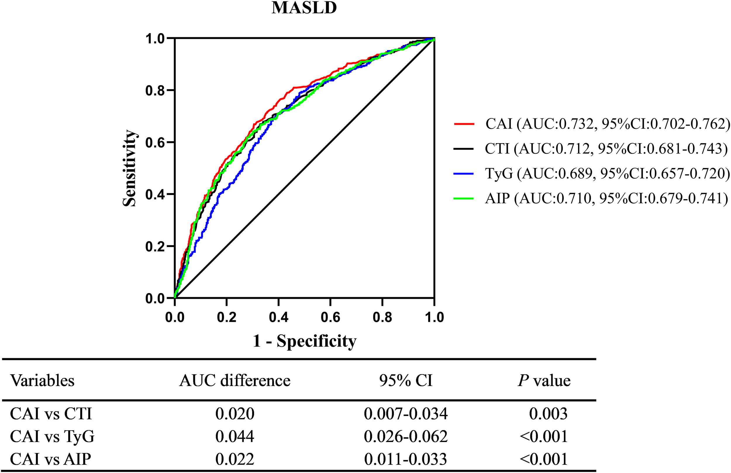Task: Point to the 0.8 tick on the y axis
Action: pos(155,91)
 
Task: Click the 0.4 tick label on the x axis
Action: pos(278,317)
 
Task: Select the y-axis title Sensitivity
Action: pos(130,168)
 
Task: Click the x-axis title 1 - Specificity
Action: pos(304,341)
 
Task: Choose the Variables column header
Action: pos(42,381)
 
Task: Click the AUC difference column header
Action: pos(235,381)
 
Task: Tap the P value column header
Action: pos(544,381)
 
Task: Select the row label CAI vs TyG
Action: pos(52,436)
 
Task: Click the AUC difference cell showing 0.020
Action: pos(235,414)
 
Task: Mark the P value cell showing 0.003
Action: pos(548,414)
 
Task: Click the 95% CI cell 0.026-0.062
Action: pos(406,436)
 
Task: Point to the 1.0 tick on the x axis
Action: pos(434,317)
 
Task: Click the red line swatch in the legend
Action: pos(464,124)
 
